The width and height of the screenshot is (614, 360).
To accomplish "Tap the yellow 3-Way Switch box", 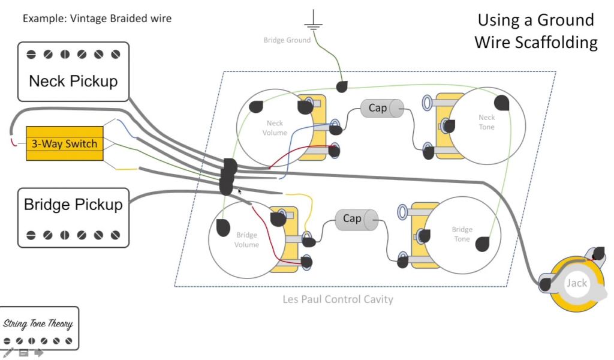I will coord(64,144).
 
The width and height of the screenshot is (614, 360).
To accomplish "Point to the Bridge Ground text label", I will coord(287,40).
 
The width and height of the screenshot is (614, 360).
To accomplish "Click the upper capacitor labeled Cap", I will coord(381,108).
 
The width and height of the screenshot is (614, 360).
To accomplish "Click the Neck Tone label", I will coord(486,122).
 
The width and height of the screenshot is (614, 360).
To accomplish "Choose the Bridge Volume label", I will coord(246,240).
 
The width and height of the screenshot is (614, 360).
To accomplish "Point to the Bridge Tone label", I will coord(462,234).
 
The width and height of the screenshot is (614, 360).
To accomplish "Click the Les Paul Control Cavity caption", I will coord(338,299).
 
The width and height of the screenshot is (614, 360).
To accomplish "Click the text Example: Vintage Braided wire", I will coord(97,19).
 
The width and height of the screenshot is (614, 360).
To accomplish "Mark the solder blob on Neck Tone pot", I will coord(502,103).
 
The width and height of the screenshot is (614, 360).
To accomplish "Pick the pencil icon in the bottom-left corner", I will coord(8,353).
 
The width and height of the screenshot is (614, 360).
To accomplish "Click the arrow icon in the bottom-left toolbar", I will coord(38,353).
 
